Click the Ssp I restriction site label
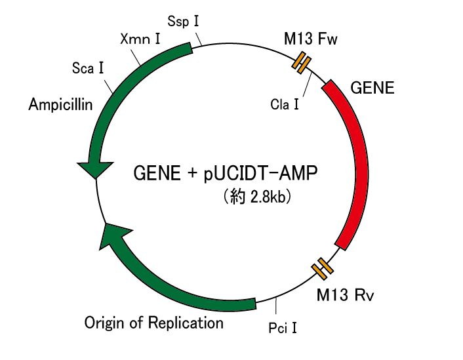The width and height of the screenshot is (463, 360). coord(184,22)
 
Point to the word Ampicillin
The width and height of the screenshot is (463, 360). coord(60,104)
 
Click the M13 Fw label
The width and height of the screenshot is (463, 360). coord(311,39)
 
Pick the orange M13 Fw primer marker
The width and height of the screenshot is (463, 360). coord(301,62)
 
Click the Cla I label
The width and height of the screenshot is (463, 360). coord(285,104)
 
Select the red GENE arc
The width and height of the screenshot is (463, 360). coord(357,164)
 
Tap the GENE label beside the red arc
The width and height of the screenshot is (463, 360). coord(372,87)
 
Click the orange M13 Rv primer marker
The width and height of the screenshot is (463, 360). coord(321,267)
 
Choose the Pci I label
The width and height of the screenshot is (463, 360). coord(283,325)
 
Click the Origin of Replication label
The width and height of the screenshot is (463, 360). coord(154,323)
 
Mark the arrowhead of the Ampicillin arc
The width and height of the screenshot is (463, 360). coord(92,169)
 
